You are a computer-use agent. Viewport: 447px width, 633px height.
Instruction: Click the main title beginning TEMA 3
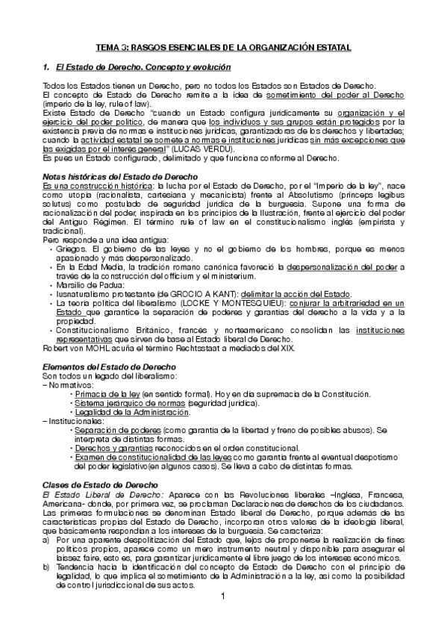pyautogui.click(x=223, y=47)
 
